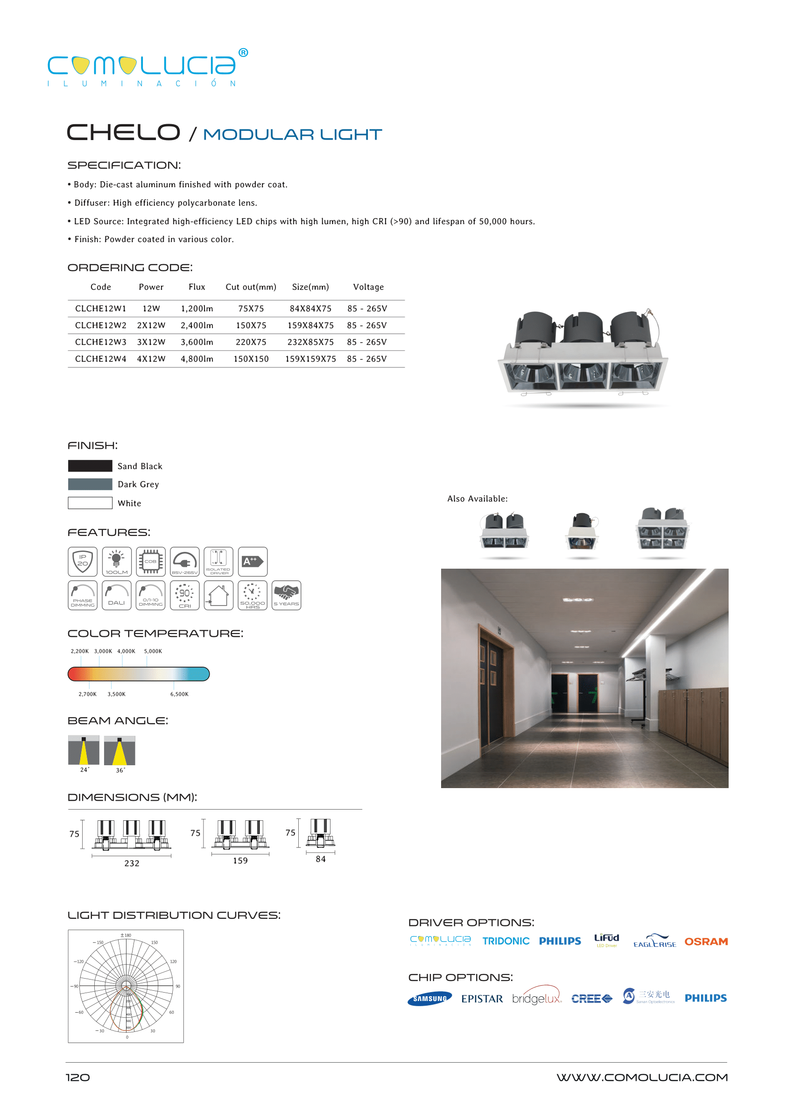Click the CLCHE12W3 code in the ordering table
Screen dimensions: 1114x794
[x=101, y=342]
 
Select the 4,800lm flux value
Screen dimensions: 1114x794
[x=197, y=359]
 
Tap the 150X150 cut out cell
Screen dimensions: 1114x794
[x=251, y=359]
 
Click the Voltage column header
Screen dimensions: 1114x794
[x=368, y=287]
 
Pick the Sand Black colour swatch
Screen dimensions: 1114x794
[x=90, y=466]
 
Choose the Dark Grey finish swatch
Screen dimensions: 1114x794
[x=90, y=484]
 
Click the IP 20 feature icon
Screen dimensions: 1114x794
[x=83, y=561]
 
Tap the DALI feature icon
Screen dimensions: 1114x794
[x=116, y=595]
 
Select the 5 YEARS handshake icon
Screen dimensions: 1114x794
[x=286, y=595]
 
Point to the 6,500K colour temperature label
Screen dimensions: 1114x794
[x=179, y=694]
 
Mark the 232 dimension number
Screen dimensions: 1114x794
[x=132, y=864]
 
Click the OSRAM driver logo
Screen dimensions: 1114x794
[x=705, y=942]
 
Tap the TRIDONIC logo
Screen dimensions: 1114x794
[x=506, y=941]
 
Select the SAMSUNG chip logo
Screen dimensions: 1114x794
[x=429, y=999]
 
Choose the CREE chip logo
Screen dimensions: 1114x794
[x=591, y=999]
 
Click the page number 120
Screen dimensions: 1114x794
[x=78, y=1078]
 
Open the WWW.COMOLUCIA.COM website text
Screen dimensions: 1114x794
[x=641, y=1078]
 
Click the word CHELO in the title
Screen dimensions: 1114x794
[x=123, y=133]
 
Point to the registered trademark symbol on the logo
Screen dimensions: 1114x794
[x=243, y=52]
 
